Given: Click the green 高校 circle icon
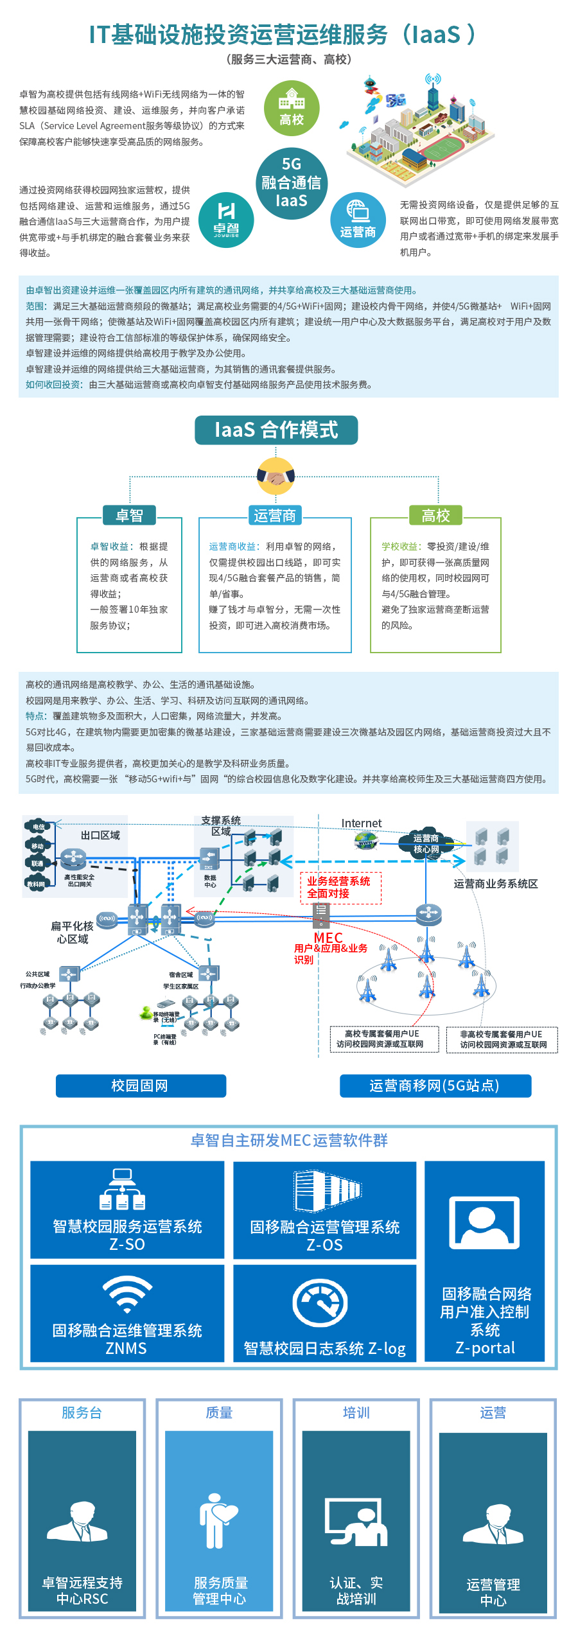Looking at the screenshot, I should click(x=292, y=108).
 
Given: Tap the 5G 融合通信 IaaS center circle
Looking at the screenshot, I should click(x=292, y=182).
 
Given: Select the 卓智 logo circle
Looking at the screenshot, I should click(x=226, y=220).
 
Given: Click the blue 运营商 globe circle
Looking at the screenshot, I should click(x=358, y=220).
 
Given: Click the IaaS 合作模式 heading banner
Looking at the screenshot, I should click(x=276, y=430).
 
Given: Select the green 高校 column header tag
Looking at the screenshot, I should click(x=435, y=515).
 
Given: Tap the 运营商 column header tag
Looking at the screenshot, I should click(x=275, y=515).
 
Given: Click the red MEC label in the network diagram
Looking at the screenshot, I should click(x=328, y=938).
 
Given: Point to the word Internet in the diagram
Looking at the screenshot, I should click(x=361, y=823).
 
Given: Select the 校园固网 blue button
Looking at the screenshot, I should click(x=141, y=1085).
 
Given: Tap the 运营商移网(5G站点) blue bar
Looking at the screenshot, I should click(x=435, y=1085).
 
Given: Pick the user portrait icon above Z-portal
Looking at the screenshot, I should click(x=484, y=1222).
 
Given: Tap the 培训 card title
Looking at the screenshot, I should click(x=356, y=1412).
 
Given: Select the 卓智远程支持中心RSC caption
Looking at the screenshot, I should click(x=82, y=1590).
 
